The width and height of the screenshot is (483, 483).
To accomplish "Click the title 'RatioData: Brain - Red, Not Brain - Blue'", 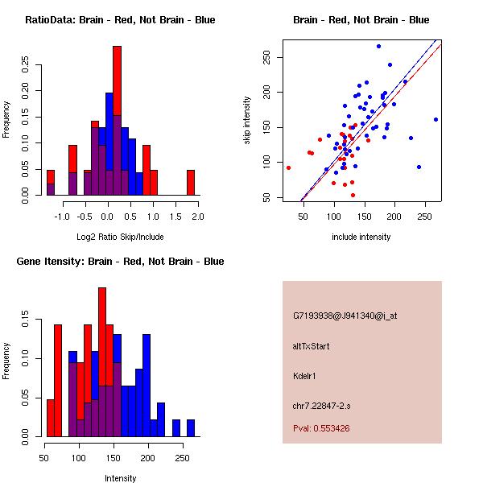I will pyautogui.click(x=120, y=20).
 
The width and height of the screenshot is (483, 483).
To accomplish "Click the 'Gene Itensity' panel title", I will pyautogui.click(x=120, y=262).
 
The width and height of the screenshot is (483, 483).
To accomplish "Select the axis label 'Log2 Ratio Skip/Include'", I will pyautogui.click(x=120, y=237).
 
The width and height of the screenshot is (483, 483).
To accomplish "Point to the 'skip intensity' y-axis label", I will pyautogui.click(x=247, y=121).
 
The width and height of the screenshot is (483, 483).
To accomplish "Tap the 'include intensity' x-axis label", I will pyautogui.click(x=361, y=237).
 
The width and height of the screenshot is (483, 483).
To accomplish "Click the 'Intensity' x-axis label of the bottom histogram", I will pyautogui.click(x=120, y=478).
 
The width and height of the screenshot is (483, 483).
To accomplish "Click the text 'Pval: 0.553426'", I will pyautogui.click(x=321, y=428).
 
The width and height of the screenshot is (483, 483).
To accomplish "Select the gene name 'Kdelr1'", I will pyautogui.click(x=307, y=375).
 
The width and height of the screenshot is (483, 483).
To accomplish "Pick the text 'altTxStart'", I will pyautogui.click(x=312, y=346).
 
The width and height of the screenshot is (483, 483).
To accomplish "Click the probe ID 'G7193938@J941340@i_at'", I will pyautogui.click(x=345, y=316).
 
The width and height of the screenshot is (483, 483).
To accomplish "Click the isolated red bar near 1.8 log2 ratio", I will pyautogui.click(x=191, y=182).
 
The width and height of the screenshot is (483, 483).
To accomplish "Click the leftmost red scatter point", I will pyautogui.click(x=288, y=167).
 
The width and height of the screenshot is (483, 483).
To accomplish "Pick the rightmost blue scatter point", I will pyautogui.click(x=436, y=119).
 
